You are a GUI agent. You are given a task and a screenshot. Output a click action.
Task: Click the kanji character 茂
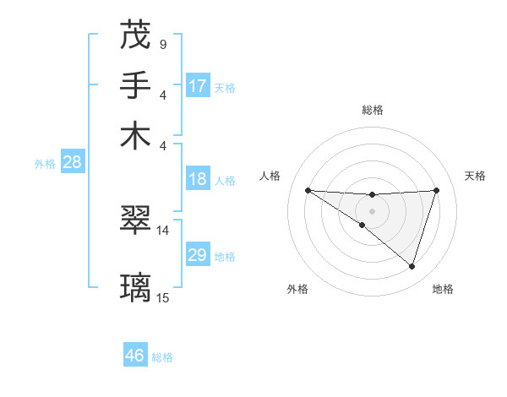[135, 35]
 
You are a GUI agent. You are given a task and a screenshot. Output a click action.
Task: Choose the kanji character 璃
[135, 287]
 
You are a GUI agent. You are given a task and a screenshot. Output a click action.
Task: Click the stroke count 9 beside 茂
[162, 44]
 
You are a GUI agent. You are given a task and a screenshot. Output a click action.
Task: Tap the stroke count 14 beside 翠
[163, 230]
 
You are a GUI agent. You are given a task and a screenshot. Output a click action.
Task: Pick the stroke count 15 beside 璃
[163, 297]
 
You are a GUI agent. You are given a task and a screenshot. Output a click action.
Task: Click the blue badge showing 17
[198, 86]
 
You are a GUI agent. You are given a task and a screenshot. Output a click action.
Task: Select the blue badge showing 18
[198, 179]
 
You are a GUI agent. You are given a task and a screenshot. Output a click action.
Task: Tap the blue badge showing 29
[198, 255]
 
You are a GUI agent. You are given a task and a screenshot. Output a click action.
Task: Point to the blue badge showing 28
[72, 163]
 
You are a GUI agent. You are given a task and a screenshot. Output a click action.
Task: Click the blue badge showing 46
[135, 356]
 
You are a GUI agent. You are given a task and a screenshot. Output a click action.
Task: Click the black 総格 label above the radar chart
[372, 110]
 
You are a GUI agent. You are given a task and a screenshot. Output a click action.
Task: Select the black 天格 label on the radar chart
[475, 176]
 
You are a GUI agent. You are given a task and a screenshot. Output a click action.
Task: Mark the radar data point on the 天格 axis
[437, 190]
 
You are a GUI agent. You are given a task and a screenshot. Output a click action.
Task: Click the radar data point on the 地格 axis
[412, 267]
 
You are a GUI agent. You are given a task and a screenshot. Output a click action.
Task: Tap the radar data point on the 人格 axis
[308, 190]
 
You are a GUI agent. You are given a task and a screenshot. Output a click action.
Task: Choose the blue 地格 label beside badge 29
[225, 257]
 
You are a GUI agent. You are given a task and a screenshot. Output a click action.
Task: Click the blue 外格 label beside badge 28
[45, 164]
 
